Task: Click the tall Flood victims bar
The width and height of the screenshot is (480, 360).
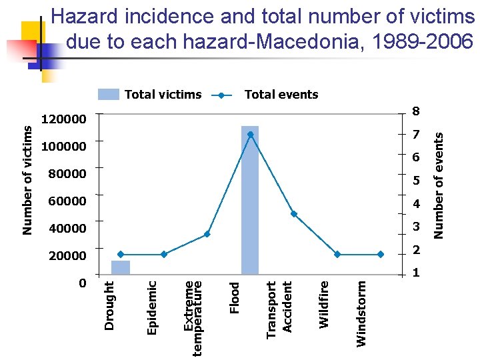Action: pyautogui.click(x=250, y=200)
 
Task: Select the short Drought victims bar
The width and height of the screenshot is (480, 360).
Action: pyautogui.click(x=121, y=267)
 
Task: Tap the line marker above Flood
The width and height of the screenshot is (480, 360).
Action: pyautogui.click(x=251, y=135)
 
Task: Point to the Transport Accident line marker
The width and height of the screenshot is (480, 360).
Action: pyautogui.click(x=294, y=214)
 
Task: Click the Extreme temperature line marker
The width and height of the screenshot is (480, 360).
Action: pyautogui.click(x=207, y=234)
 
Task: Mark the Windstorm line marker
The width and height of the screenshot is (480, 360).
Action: pyautogui.click(x=381, y=254)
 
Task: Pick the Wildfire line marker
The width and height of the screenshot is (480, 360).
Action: pyautogui.click(x=337, y=254)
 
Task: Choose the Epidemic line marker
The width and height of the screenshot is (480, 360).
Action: pyautogui.click(x=164, y=254)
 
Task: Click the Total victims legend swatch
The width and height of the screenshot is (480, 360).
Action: pyautogui.click(x=109, y=95)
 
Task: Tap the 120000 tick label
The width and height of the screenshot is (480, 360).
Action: pyautogui.click(x=64, y=120)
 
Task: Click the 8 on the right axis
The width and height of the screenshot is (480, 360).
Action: pyautogui.click(x=416, y=111)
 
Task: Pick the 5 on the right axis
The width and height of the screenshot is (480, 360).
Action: pyautogui.click(x=416, y=181)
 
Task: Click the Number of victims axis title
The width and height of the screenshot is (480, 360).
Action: pyautogui.click(x=27, y=180)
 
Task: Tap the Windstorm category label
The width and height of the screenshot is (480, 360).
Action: pyautogui.click(x=361, y=313)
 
